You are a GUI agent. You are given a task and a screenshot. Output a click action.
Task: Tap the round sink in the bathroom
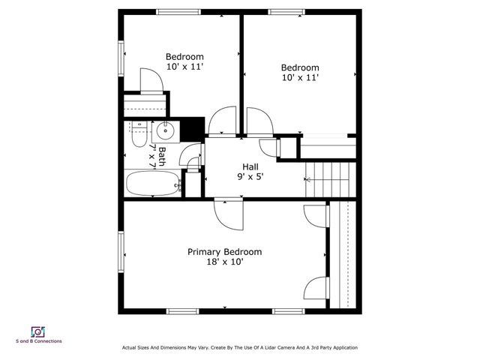(164, 132)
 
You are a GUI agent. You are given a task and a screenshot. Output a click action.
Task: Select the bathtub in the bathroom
(153, 182)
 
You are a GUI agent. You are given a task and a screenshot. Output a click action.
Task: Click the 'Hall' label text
(251, 166)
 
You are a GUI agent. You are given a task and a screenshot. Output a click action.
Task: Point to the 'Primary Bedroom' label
(224, 252)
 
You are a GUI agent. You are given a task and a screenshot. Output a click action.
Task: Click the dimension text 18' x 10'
(224, 262)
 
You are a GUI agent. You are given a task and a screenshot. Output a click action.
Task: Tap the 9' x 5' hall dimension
(251, 177)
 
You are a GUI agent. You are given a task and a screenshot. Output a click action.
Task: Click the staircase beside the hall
(328, 179)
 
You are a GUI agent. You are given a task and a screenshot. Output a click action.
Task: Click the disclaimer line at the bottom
(239, 347)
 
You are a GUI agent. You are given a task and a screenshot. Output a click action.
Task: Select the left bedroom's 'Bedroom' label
(184, 56)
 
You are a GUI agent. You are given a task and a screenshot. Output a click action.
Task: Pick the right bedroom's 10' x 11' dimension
(300, 77)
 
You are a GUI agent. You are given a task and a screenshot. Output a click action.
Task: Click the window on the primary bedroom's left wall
(121, 254)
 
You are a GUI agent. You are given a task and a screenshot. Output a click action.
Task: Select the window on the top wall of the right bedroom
(291, 11)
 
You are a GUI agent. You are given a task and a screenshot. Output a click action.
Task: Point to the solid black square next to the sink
(194, 128)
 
